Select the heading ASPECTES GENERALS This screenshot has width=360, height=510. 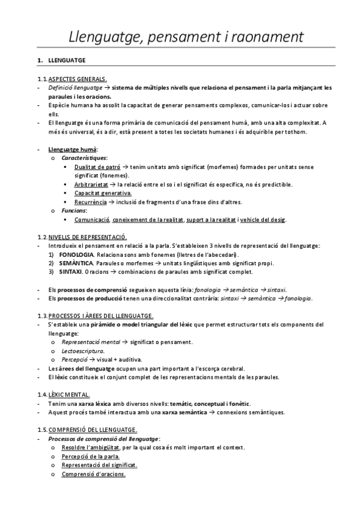78,79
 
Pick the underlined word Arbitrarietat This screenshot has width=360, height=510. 92,184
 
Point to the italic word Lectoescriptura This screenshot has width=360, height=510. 83,351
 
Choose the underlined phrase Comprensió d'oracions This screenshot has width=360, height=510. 93,474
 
